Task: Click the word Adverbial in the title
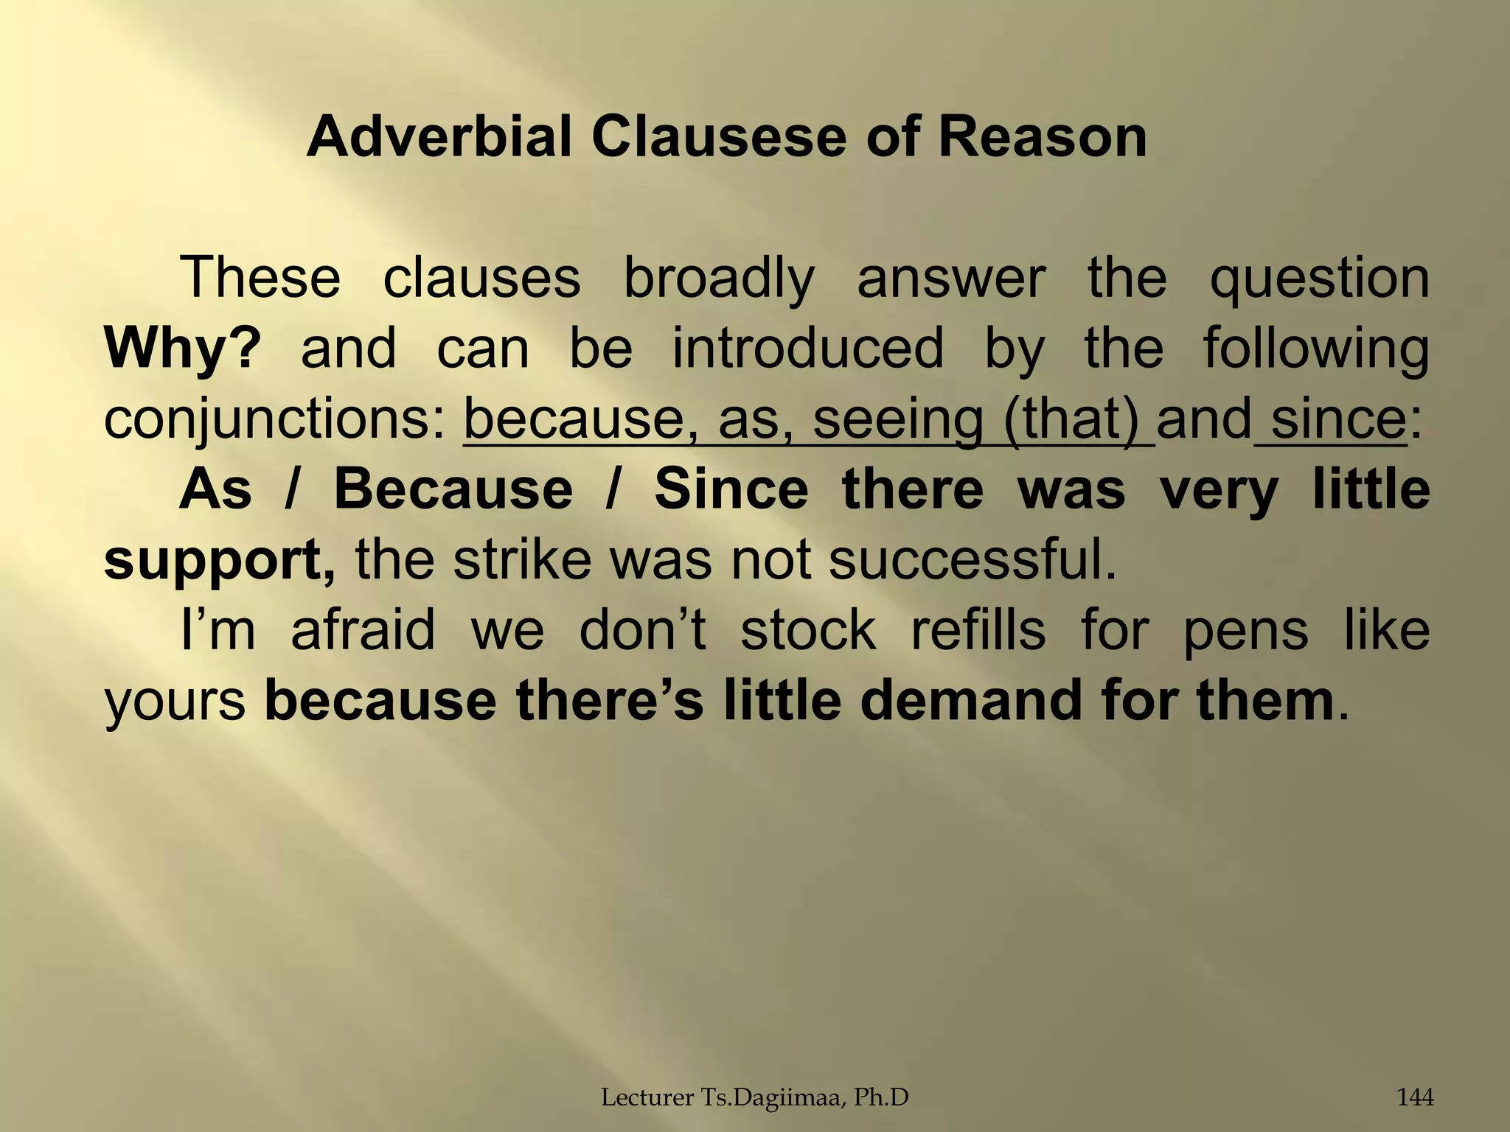[x=439, y=139]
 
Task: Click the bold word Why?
[x=182, y=348]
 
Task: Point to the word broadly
[x=719, y=279]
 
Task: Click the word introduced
[x=807, y=348]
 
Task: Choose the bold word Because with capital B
[x=453, y=489]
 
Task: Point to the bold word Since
[x=731, y=489]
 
